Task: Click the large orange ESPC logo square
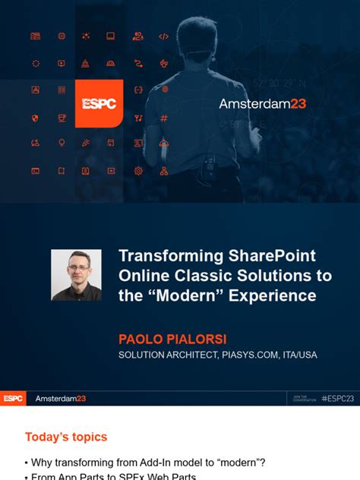99,103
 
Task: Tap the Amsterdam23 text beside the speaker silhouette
262,103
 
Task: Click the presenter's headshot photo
76,275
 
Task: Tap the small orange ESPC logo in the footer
13,399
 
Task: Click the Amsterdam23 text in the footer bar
61,399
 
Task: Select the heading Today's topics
66,437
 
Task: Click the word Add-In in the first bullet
153,463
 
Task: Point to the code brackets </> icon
163,36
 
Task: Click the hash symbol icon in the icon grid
163,118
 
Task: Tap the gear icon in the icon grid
138,171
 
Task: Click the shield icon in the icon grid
35,118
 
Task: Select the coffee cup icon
62,118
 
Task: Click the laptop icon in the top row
111,36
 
